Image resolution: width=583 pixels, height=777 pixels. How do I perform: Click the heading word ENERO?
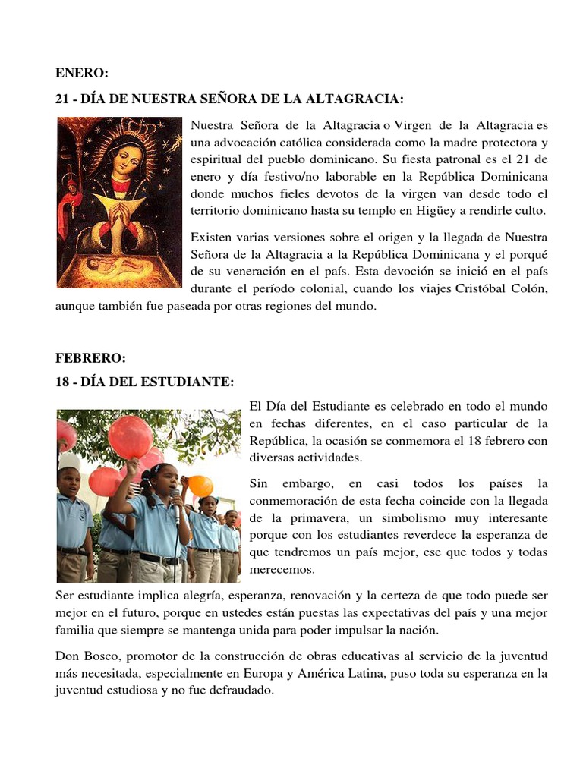(82, 74)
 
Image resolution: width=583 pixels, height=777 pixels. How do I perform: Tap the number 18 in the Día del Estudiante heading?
(62, 382)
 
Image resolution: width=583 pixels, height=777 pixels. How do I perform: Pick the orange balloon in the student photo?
(200, 485)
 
